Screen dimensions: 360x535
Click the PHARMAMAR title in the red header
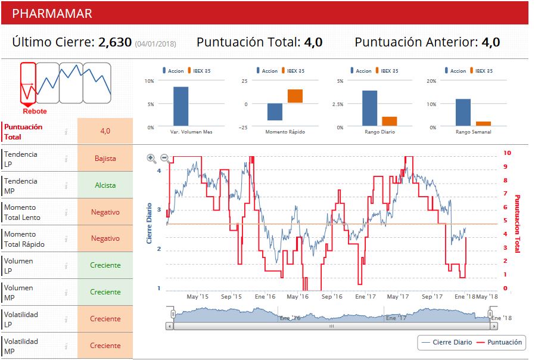click(x=52, y=13)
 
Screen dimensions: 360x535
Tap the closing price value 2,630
click(x=115, y=42)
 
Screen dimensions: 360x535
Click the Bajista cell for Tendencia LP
click(x=105, y=159)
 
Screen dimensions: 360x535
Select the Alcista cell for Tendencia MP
click(x=105, y=185)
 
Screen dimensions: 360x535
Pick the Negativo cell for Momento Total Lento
click(x=105, y=212)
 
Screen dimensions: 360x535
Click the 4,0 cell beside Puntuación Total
click(x=105, y=131)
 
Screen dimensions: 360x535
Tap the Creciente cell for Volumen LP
click(x=105, y=265)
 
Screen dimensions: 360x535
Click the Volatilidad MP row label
click(x=21, y=346)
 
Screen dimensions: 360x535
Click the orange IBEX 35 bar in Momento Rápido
click(x=295, y=96)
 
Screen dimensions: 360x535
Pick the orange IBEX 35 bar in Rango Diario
click(x=389, y=122)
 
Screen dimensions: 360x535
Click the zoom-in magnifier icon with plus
click(x=151, y=159)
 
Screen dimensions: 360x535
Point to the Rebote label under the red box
click(x=35, y=111)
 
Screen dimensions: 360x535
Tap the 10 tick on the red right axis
click(x=507, y=153)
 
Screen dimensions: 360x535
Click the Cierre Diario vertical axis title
click(x=150, y=224)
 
